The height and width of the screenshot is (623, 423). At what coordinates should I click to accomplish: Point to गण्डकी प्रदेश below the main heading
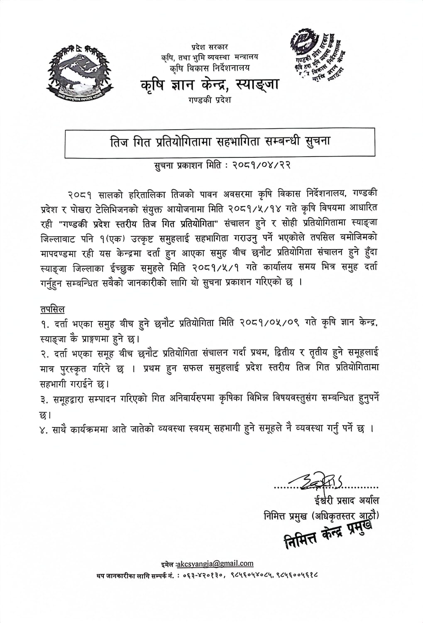pos(210,100)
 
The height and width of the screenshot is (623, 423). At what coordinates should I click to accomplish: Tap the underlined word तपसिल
pos(52,309)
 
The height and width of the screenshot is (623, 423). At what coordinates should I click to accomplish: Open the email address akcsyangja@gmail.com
pos(215,564)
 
